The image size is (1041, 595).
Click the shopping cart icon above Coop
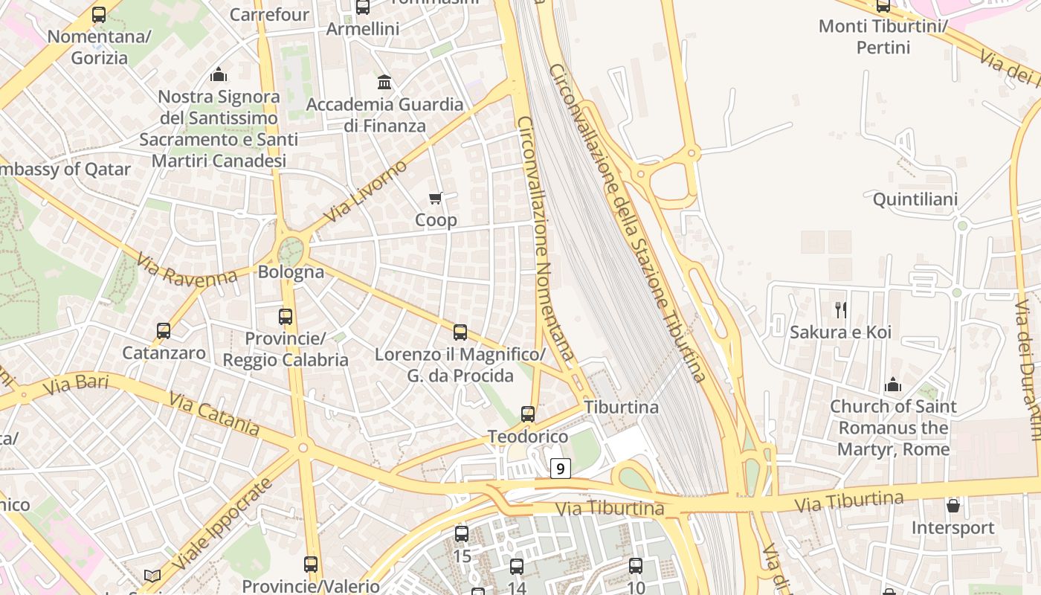click(x=436, y=198)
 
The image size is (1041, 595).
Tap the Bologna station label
click(x=291, y=272)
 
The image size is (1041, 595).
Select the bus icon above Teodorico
click(x=527, y=414)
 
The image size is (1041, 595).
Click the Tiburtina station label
click(x=622, y=408)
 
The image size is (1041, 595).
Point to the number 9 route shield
click(x=561, y=468)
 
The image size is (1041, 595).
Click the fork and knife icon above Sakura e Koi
click(x=841, y=309)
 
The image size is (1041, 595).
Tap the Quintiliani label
click(x=915, y=199)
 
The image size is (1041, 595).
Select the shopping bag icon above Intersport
click(x=953, y=506)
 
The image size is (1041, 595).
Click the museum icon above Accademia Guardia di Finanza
click(x=384, y=81)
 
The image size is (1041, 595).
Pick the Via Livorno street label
click(x=367, y=190)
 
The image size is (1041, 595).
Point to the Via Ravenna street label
click(x=187, y=271)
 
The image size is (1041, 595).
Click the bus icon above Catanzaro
click(x=164, y=330)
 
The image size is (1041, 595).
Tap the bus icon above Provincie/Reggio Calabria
click(x=286, y=316)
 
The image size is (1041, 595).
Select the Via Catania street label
click(x=214, y=414)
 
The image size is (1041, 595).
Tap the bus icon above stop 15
click(x=462, y=533)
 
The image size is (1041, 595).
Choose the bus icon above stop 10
click(x=636, y=565)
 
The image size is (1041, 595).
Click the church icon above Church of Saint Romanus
click(x=892, y=385)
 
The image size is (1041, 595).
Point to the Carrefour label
click(x=269, y=15)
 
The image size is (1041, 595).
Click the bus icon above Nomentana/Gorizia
click(x=99, y=14)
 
